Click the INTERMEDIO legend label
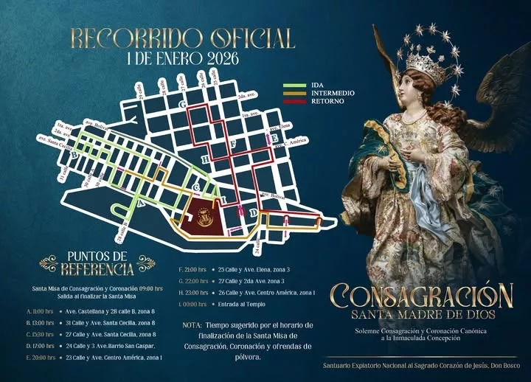coord(323,93)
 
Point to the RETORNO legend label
coord(318,101)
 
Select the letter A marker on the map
coord(140,201)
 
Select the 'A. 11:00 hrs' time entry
coord(39,311)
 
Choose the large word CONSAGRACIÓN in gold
coord(421,296)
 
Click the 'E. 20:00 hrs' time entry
coord(39,357)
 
